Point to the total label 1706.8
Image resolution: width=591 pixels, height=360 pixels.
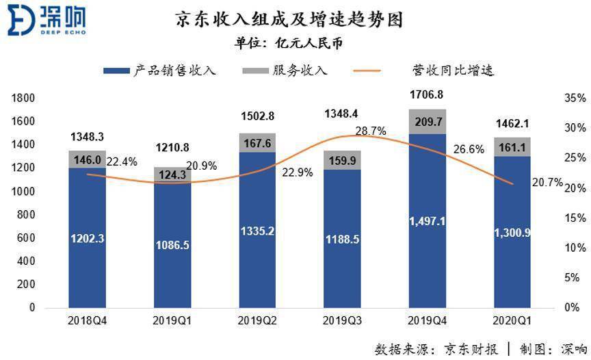[427, 94]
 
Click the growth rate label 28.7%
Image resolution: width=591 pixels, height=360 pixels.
[371, 131]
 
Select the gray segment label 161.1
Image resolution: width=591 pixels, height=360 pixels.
[512, 146]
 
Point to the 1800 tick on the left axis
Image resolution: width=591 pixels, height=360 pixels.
[23, 98]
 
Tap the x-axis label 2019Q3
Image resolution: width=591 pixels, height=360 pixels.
[342, 320]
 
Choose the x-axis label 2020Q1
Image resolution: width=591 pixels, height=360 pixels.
[512, 320]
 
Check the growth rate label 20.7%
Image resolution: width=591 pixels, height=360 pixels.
[548, 183]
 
